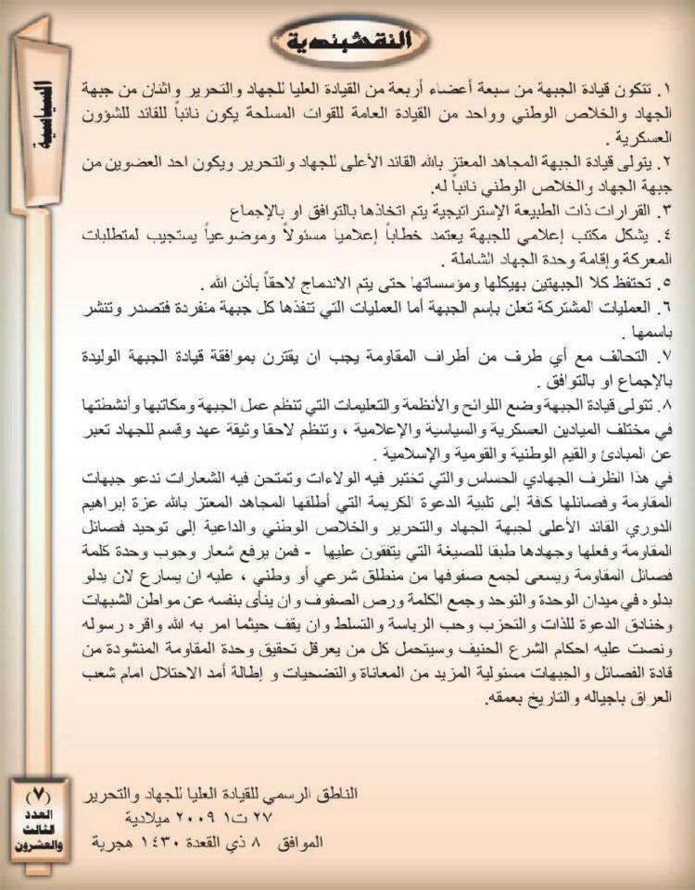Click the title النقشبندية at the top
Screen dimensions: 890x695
347,40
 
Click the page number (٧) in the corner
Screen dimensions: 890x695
39,795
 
